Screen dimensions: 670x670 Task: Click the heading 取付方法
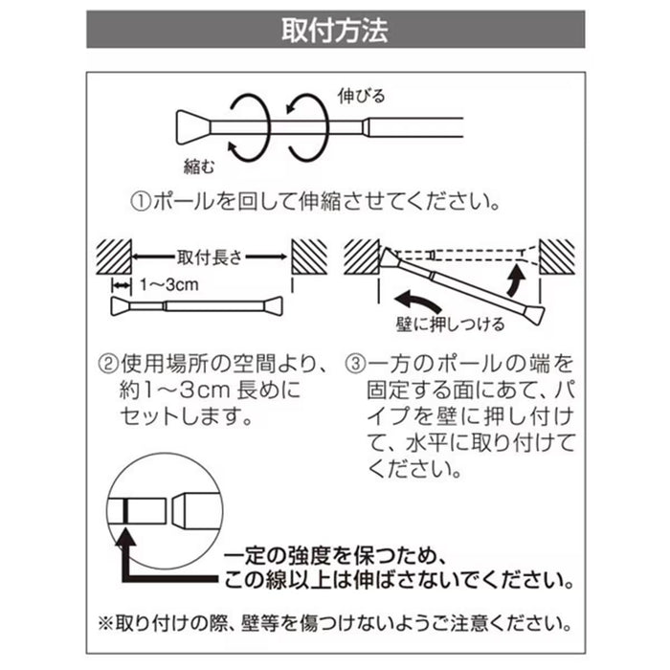point(334,30)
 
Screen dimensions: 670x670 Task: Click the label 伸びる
point(361,96)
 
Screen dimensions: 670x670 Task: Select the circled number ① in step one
point(140,203)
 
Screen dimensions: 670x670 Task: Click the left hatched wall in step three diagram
point(362,256)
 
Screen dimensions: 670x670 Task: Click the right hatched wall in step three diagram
point(557,256)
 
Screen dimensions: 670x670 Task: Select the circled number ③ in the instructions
point(354,365)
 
